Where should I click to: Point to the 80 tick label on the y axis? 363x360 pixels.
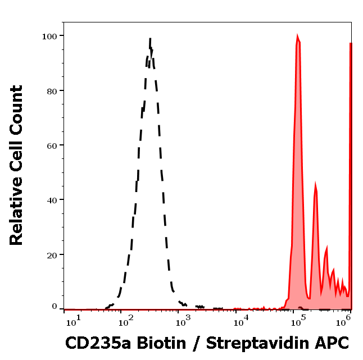(x=51, y=90)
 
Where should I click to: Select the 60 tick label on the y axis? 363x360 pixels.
(x=51, y=145)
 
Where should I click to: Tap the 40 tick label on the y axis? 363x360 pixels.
(x=51, y=200)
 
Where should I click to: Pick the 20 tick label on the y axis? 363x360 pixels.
(x=51, y=255)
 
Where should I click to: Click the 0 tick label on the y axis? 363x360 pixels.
(x=54, y=307)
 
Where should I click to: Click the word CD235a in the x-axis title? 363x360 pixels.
(x=97, y=342)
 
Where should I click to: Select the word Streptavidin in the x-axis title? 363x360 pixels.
(x=260, y=343)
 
